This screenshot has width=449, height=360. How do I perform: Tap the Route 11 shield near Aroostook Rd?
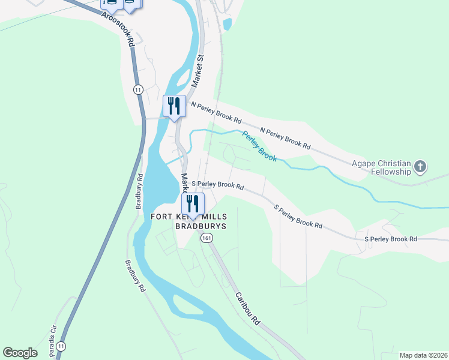point(139,89)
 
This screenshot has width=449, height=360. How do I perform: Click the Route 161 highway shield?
point(206,238)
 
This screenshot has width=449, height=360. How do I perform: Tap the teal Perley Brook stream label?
point(259,146)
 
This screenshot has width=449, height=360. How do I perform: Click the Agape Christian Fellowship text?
point(381,167)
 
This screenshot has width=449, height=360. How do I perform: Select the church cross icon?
point(420,166)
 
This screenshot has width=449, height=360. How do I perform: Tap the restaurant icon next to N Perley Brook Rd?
point(173,106)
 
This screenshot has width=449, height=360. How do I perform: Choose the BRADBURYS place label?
point(200,226)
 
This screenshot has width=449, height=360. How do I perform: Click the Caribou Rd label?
point(247,308)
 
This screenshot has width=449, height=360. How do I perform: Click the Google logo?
point(20,352)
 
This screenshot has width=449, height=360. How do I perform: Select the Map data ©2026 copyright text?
point(423,355)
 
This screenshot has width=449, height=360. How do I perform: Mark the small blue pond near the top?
point(227,25)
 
